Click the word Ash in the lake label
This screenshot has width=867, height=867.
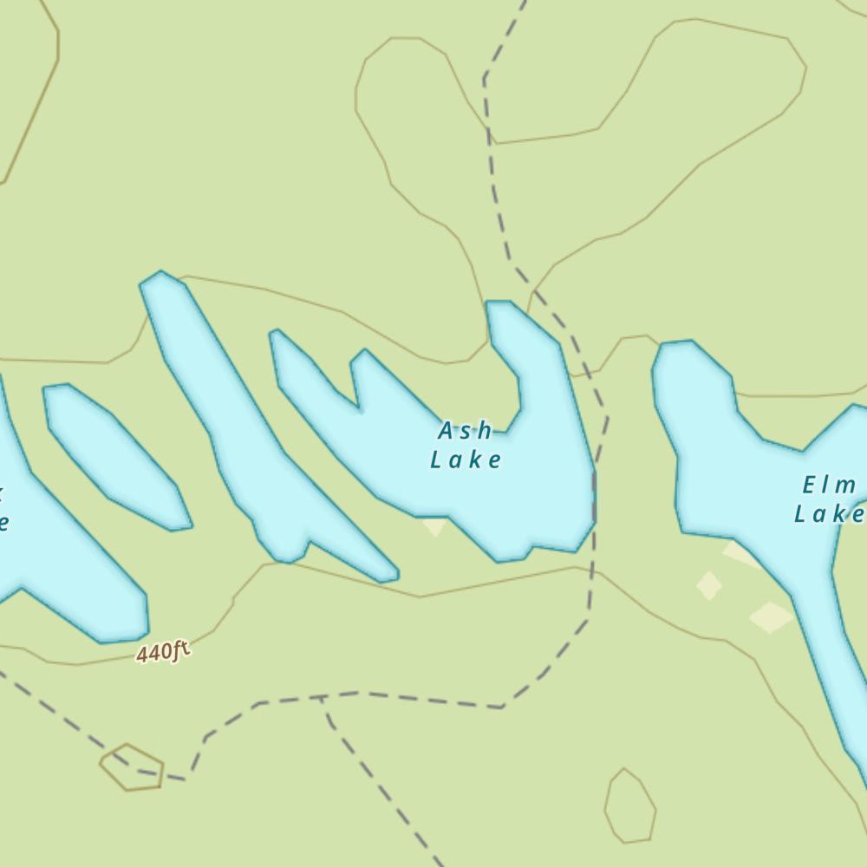pos(466,431)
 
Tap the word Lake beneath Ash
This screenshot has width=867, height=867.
pos(466,460)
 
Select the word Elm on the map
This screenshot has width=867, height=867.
pos(830,486)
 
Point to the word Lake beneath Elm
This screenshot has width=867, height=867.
pos(830,514)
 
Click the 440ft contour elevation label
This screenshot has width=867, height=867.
pos(162,652)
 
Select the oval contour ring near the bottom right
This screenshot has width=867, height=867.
pos(630,806)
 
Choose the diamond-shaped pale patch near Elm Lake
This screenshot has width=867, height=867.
pos(709,585)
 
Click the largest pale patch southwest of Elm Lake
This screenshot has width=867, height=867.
pos(770,617)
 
